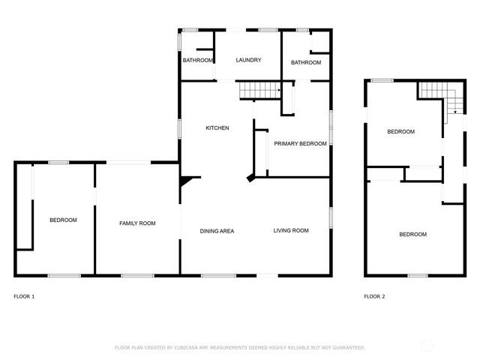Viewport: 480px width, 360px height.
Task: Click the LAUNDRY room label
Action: (248, 61)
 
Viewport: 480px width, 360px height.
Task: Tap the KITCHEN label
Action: (217, 128)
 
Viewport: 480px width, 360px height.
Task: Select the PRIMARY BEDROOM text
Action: (300, 143)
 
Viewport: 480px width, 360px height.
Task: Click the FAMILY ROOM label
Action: (137, 223)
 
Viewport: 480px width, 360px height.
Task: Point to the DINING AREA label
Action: (217, 231)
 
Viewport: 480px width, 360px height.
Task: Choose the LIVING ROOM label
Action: (291, 231)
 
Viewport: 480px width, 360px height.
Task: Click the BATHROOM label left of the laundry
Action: (196, 61)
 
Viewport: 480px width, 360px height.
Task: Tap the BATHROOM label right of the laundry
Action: (306, 63)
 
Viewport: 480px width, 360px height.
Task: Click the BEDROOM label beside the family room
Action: (63, 220)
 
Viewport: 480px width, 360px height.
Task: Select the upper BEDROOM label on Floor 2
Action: (400, 132)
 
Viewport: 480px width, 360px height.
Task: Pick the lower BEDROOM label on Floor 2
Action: (412, 235)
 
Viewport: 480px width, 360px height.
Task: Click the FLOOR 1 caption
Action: (24, 297)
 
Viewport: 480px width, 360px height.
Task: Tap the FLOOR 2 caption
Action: (374, 297)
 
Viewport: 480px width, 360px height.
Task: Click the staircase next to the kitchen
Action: (258, 91)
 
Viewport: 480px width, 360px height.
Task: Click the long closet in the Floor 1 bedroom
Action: (25, 207)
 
